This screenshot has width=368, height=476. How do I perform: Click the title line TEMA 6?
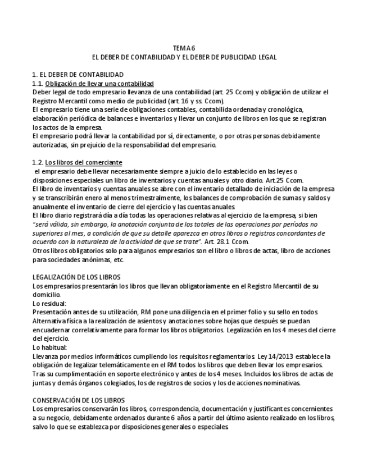point(184,49)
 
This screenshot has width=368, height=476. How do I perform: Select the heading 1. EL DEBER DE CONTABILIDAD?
point(78,75)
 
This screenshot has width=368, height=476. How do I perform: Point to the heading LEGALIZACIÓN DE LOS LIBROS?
point(76,277)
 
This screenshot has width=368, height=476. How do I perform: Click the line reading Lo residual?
point(49,303)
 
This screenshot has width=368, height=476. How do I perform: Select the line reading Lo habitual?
point(49,347)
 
